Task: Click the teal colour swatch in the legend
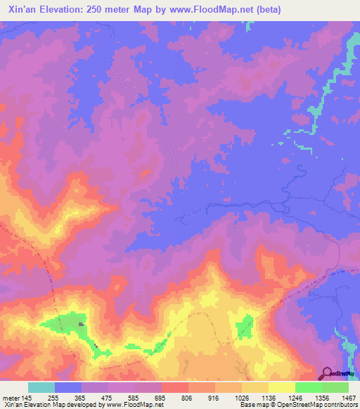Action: click(x=41, y=387)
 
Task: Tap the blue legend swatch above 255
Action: click(x=68, y=387)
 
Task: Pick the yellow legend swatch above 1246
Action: click(x=281, y=387)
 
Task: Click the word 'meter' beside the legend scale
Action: click(x=10, y=397)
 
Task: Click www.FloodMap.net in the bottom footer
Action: click(x=134, y=405)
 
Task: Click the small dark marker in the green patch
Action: click(x=81, y=324)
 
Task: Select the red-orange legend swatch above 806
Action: click(x=174, y=387)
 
